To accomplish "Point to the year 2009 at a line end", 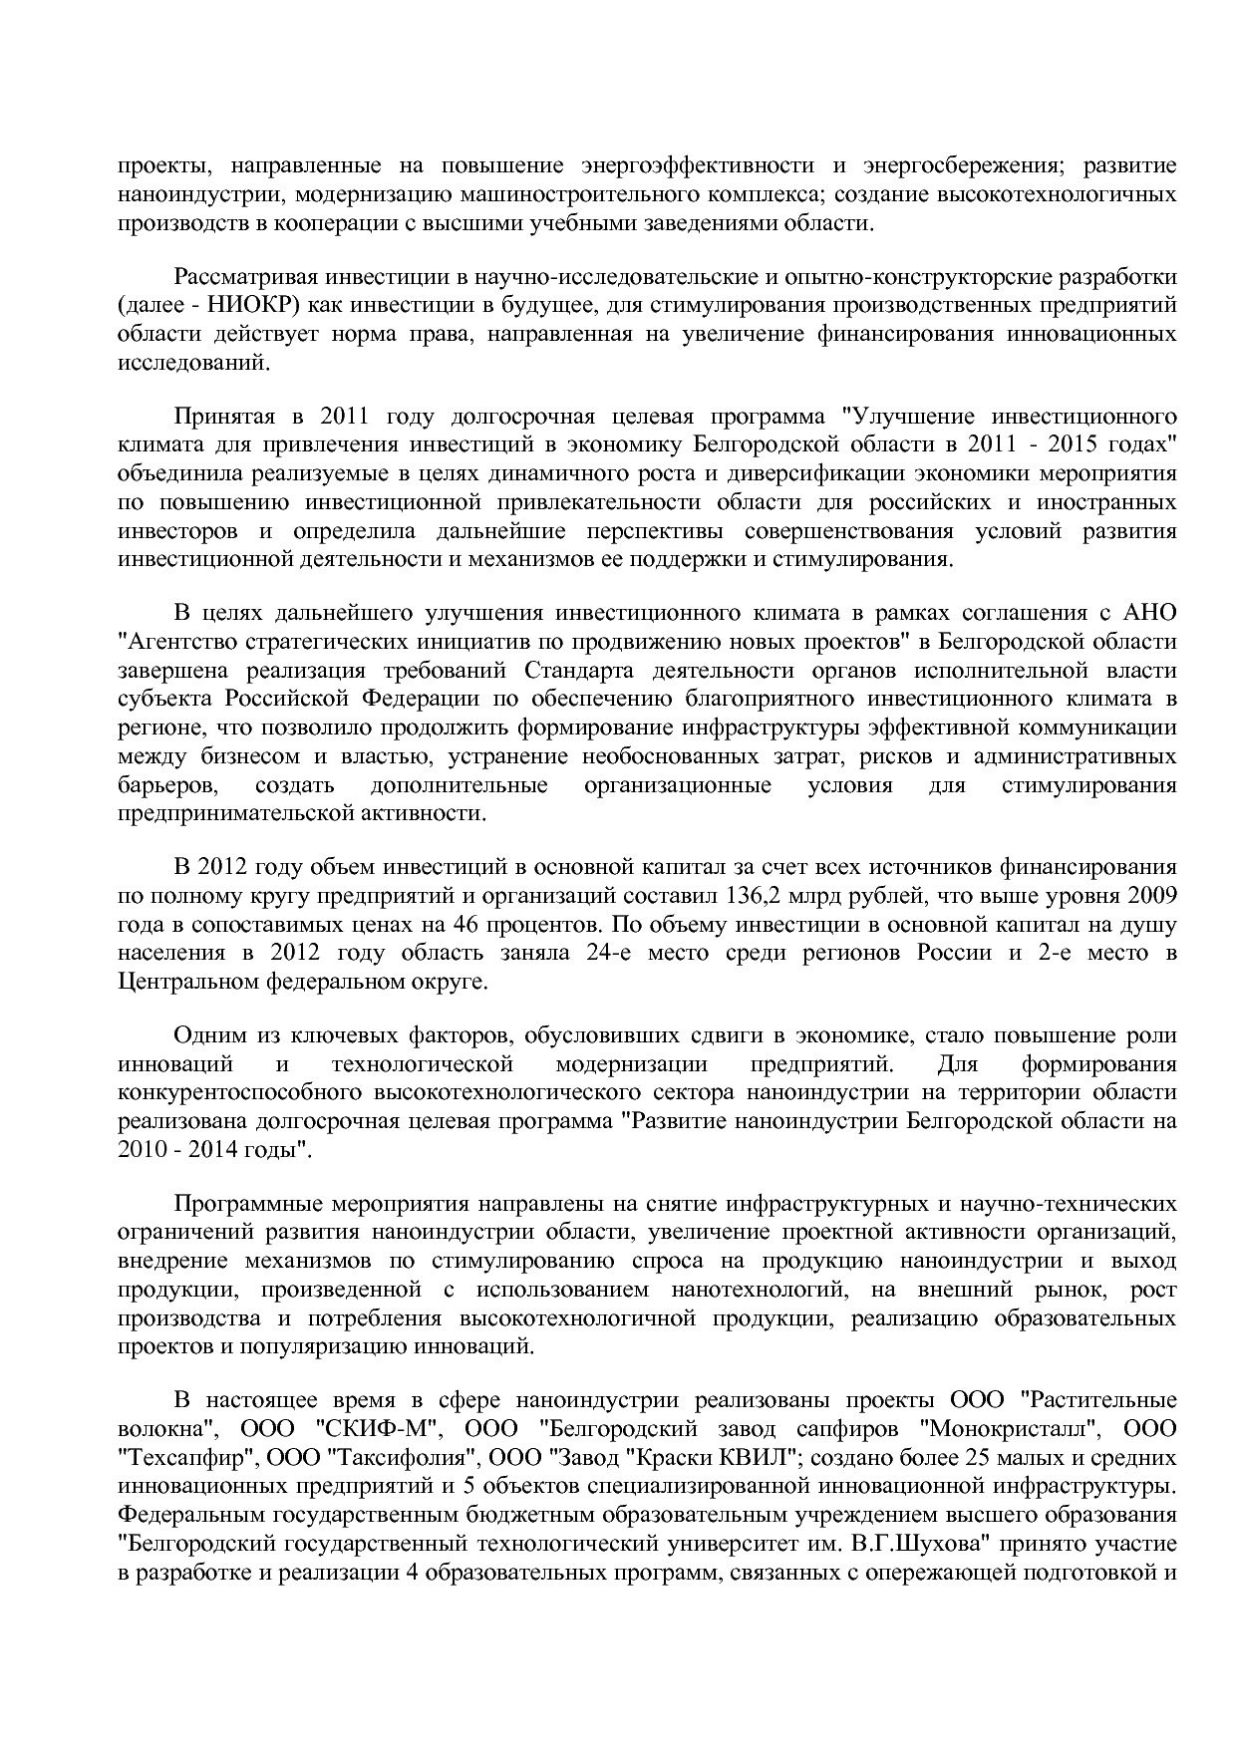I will coord(1154,894).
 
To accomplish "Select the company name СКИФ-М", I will coord(378,1428).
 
